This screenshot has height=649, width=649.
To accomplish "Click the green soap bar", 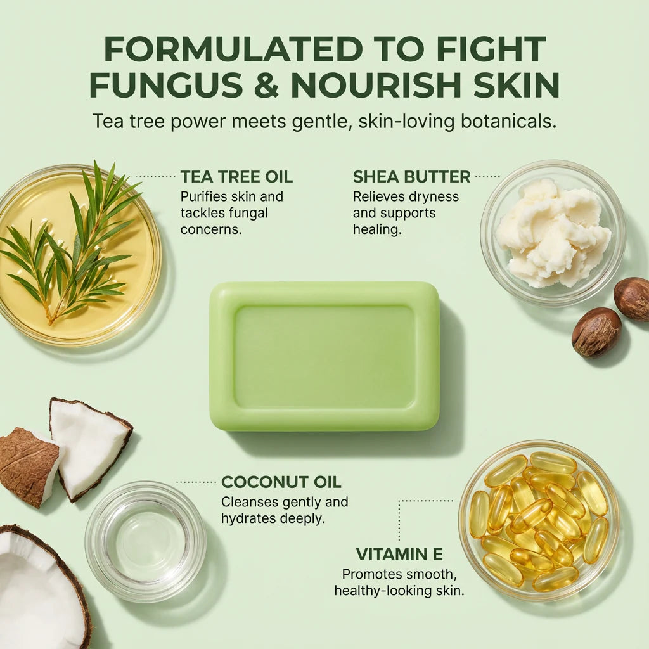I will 324,356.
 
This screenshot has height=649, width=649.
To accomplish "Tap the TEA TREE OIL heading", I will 236,176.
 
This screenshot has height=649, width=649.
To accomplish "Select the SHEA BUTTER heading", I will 411,176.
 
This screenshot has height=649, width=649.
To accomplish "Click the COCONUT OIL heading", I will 281,482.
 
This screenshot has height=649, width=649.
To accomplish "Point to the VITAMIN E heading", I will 399,555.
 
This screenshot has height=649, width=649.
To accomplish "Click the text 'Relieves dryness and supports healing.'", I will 406,213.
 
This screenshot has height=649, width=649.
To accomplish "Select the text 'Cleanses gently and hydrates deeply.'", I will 285,510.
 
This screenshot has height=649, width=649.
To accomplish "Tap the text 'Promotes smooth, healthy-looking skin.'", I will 399,582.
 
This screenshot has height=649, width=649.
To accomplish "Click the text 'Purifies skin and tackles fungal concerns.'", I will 232,213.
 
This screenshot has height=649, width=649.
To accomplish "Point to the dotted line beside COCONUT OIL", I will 196,482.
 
